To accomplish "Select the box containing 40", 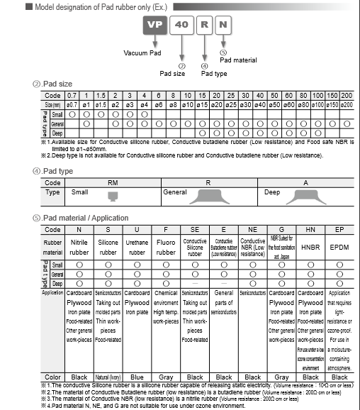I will pyautogui.click(x=182, y=24).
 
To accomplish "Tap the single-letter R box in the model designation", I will pyautogui.click(x=204, y=24).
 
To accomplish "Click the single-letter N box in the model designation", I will pyautogui.click(x=223, y=24).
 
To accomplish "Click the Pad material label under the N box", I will pyautogui.click(x=237, y=60).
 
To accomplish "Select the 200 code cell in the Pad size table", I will pyautogui.click(x=346, y=95).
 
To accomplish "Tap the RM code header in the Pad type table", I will pyautogui.click(x=113, y=182).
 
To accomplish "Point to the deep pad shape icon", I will pyautogui.click(x=305, y=194).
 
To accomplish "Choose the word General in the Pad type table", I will pyautogui.click(x=175, y=192).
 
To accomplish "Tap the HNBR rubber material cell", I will pyautogui.click(x=310, y=248).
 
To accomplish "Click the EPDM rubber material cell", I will pyautogui.click(x=339, y=248).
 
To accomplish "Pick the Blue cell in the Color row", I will pyautogui.click(x=136, y=377).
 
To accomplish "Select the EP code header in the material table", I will pyautogui.click(x=339, y=230).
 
